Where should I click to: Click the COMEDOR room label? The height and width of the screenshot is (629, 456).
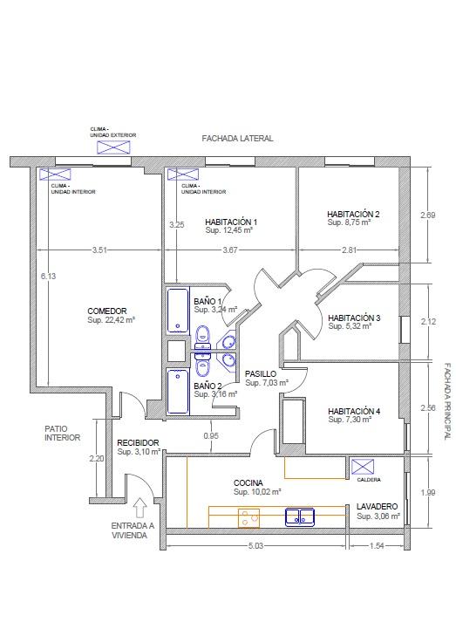107,311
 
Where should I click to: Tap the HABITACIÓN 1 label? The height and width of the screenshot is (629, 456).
231,222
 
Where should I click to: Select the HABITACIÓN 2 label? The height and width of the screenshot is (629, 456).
353,215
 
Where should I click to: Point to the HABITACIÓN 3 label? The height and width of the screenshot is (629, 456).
354,318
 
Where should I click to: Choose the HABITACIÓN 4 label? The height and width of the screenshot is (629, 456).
354,411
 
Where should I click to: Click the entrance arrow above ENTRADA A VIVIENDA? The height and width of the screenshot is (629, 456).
140,507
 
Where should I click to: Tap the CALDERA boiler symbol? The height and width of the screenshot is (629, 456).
363,467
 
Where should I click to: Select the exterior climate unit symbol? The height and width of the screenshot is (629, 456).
113,147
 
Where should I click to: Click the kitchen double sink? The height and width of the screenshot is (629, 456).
300,516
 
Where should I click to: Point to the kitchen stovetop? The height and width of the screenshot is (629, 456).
248,518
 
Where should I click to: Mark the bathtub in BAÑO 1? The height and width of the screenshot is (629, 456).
178,311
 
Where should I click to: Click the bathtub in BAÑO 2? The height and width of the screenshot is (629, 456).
178,392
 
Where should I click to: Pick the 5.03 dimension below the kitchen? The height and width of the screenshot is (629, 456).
255,545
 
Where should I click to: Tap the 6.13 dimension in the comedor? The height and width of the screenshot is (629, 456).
48,276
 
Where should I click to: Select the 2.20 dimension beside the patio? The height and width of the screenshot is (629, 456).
97,458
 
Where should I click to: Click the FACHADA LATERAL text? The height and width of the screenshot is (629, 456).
237,139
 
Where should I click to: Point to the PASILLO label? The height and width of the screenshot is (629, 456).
261,374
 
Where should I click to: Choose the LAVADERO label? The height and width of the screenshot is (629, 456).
377,507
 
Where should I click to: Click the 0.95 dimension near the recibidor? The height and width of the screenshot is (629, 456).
211,435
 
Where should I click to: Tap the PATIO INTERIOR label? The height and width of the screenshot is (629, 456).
62,434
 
